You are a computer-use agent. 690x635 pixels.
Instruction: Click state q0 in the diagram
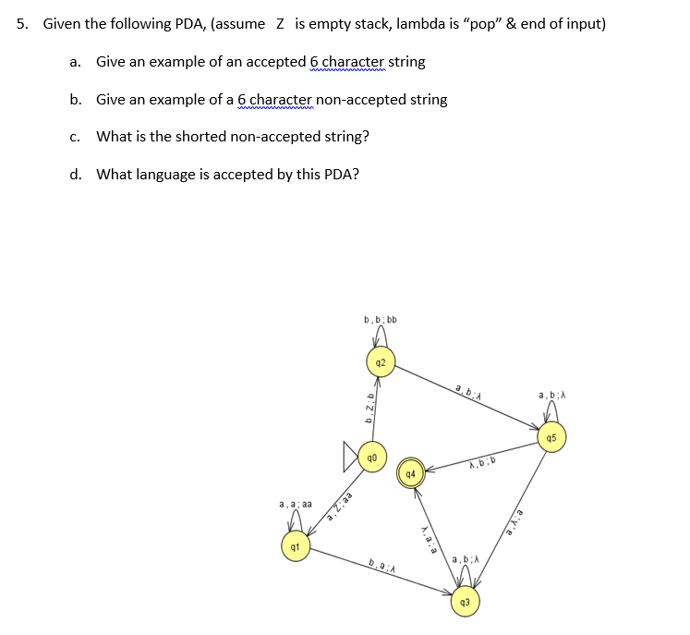(372, 457)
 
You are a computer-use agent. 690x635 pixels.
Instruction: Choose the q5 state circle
(551, 437)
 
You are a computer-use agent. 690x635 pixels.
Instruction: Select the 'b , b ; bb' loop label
(380, 320)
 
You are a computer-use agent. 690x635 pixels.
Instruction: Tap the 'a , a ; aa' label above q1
(295, 505)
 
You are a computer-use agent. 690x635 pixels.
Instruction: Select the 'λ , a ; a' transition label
(428, 535)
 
